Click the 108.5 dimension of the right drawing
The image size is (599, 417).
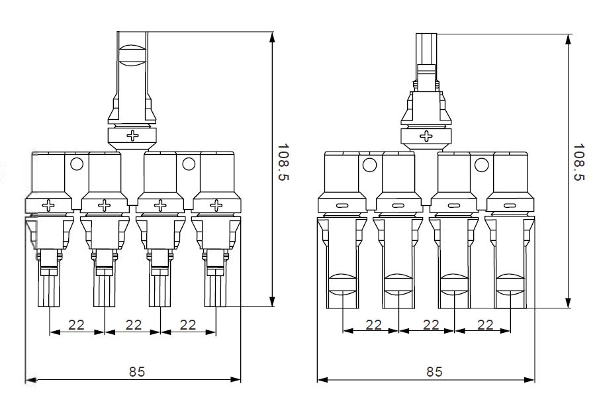click(x=580, y=162)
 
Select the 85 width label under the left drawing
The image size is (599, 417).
click(x=137, y=371)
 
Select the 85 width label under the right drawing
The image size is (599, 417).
click(x=434, y=371)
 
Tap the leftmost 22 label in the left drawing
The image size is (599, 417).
click(x=77, y=324)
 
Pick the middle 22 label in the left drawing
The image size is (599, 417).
click(x=133, y=324)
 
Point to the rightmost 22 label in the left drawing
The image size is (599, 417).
click(x=188, y=324)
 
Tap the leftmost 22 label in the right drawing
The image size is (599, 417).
click(x=373, y=324)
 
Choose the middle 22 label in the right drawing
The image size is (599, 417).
click(x=430, y=324)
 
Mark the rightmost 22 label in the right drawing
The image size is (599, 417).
click(x=485, y=324)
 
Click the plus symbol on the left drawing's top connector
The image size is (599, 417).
click(x=133, y=136)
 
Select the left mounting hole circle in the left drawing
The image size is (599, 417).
click(x=76, y=163)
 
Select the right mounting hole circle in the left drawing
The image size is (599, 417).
click(x=189, y=163)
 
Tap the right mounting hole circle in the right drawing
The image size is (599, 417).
click(x=482, y=165)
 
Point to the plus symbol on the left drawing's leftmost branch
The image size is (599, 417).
click(x=48, y=206)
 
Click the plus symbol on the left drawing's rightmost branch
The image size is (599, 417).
click(x=215, y=206)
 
